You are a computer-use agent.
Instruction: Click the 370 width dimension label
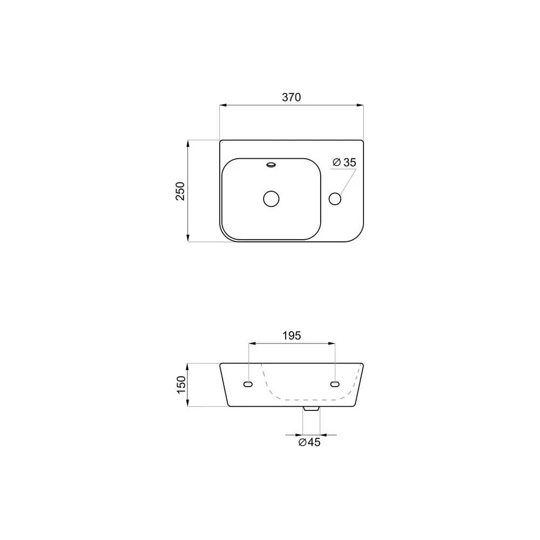point(292,97)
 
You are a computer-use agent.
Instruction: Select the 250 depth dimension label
point(180,191)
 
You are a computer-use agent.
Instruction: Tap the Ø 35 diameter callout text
point(345,162)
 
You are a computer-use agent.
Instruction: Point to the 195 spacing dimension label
point(292,335)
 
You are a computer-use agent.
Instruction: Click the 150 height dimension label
point(181,384)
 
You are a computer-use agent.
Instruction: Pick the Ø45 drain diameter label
point(309,442)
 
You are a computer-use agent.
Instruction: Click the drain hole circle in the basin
point(271,199)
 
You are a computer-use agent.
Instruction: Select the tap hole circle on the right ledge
point(335,199)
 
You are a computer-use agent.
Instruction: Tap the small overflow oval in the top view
point(272,165)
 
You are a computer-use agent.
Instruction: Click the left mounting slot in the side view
point(248,384)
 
